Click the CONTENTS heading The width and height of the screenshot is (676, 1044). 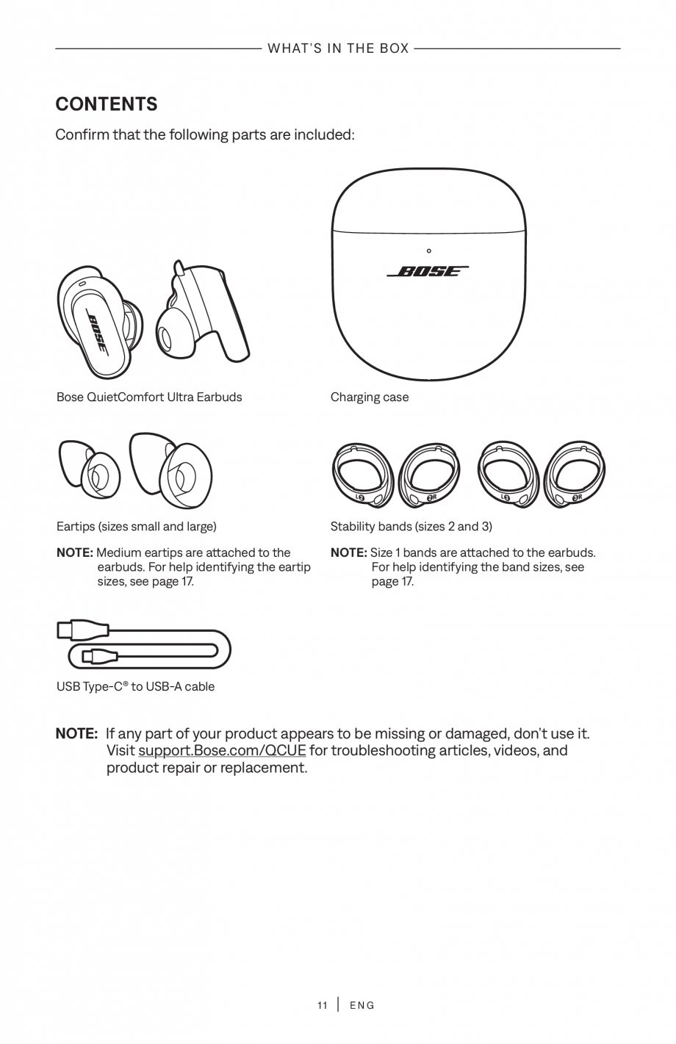(x=107, y=104)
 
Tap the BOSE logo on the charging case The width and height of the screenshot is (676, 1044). (x=428, y=271)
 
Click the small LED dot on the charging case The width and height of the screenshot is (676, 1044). (x=429, y=251)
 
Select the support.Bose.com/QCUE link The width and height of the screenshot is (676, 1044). (x=222, y=751)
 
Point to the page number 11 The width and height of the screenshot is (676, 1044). (x=323, y=1005)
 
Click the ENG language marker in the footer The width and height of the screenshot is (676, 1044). (x=362, y=1005)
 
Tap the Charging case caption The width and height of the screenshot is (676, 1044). (x=370, y=397)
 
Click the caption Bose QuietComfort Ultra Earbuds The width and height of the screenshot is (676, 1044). (x=149, y=397)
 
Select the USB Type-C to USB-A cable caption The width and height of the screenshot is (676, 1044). (x=136, y=687)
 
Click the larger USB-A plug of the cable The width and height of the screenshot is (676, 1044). (x=83, y=630)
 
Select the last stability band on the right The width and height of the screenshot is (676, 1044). (x=578, y=475)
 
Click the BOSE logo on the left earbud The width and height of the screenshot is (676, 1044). (x=98, y=332)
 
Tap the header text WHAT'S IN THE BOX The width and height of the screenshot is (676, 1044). (x=338, y=48)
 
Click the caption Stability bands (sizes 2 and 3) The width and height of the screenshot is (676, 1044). (x=411, y=527)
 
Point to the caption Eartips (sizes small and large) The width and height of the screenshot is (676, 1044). (x=137, y=527)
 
